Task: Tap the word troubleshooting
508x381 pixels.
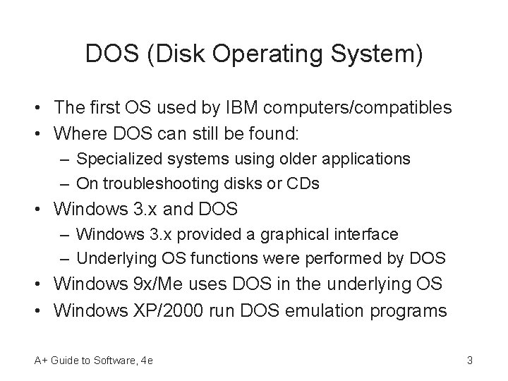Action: point(153,183)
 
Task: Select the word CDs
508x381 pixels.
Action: point(302,183)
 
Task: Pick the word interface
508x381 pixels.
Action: point(363,234)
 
